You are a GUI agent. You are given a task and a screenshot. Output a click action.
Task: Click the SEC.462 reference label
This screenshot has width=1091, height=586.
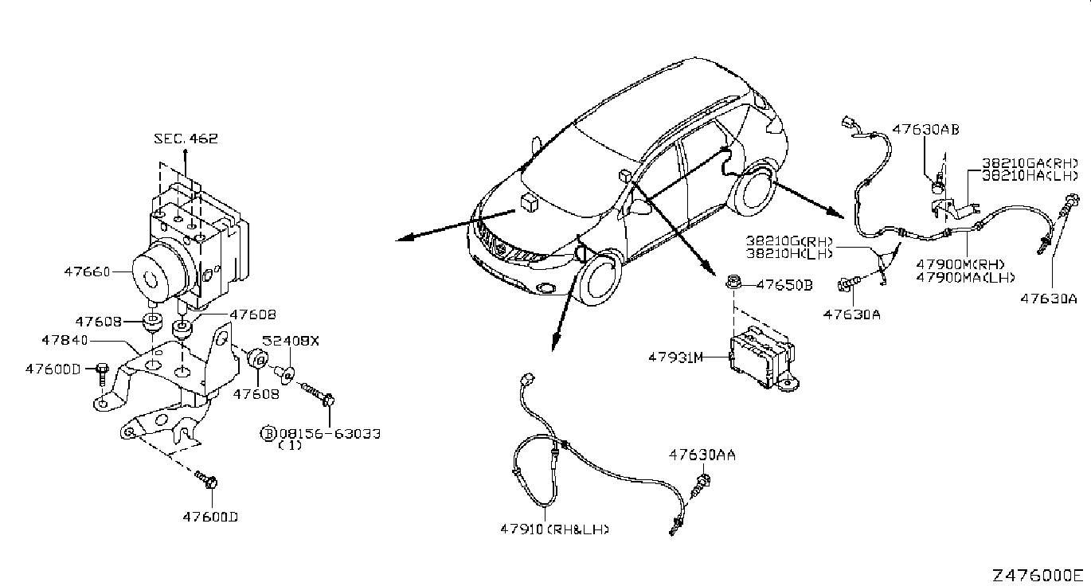click(186, 139)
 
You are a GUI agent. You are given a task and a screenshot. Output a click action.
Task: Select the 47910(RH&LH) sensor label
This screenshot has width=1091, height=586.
click(554, 528)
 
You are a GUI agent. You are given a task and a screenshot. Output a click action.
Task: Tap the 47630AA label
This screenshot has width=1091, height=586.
click(702, 455)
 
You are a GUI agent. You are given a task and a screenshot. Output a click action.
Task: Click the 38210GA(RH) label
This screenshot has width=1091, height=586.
click(1031, 162)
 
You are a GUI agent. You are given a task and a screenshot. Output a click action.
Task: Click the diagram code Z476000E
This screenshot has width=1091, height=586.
click(1038, 575)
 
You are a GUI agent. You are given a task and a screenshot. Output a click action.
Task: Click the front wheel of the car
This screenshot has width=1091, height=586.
click(600, 278)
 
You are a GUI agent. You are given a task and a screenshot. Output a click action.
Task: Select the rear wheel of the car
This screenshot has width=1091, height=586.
click(753, 193)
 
